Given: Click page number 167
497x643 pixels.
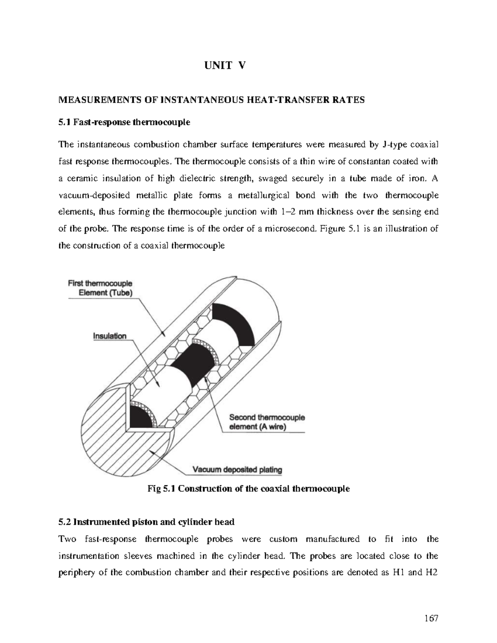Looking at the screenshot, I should (431, 619).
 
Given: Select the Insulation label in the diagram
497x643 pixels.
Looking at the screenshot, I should (109, 336).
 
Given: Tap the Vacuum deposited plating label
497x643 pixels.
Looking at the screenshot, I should (237, 470).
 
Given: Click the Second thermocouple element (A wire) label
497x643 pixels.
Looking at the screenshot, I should (267, 422).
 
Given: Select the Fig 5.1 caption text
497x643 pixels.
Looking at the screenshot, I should (248, 489).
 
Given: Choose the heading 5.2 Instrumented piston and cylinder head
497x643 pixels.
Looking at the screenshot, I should (147, 522).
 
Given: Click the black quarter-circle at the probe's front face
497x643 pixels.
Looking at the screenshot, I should (139, 418).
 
